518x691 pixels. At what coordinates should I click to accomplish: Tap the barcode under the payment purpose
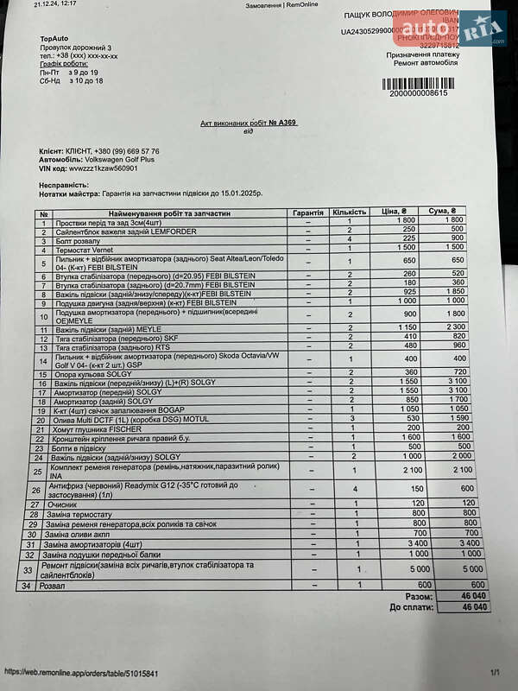(418, 84)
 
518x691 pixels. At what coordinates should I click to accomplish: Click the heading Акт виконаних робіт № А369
(249, 124)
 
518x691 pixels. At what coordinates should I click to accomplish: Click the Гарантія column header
(307, 212)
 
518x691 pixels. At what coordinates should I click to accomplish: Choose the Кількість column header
(350, 212)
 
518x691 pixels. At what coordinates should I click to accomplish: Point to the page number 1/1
(495, 672)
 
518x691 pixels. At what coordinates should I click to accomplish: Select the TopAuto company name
(54, 39)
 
